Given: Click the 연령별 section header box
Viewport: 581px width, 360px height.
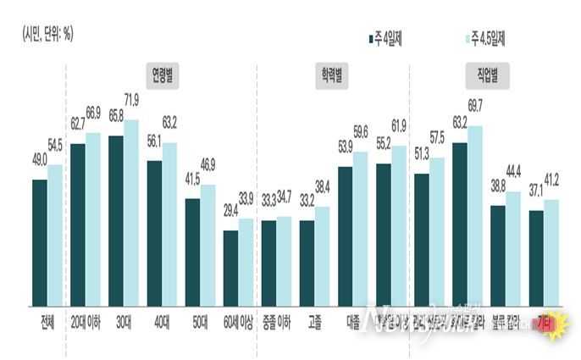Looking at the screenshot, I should pos(163,74).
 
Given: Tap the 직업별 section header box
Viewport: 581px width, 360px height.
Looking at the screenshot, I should pos(482,74).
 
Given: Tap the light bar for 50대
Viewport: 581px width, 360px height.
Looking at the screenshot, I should pos(207,245).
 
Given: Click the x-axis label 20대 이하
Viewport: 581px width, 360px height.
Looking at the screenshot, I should pos(85,323).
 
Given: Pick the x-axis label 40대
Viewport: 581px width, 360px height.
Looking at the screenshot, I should pos(162,323).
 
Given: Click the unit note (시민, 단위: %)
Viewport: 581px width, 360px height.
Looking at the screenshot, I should pos(47,36).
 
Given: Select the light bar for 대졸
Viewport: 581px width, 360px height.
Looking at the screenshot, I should pos(361,229).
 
